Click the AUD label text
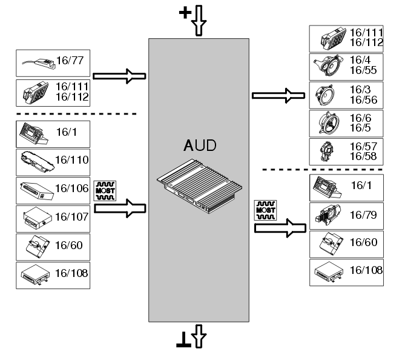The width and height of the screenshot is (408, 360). pos(199,147)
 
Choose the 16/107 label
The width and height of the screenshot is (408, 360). pos(71,216)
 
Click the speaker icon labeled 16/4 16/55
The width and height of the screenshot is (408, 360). pos(328,67)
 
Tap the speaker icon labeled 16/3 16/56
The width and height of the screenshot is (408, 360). pos(327,95)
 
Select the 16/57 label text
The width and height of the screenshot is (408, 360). pos(362,147)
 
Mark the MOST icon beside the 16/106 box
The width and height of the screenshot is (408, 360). pos(105,189)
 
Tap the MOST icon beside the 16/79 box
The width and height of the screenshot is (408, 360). pos(265,210)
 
